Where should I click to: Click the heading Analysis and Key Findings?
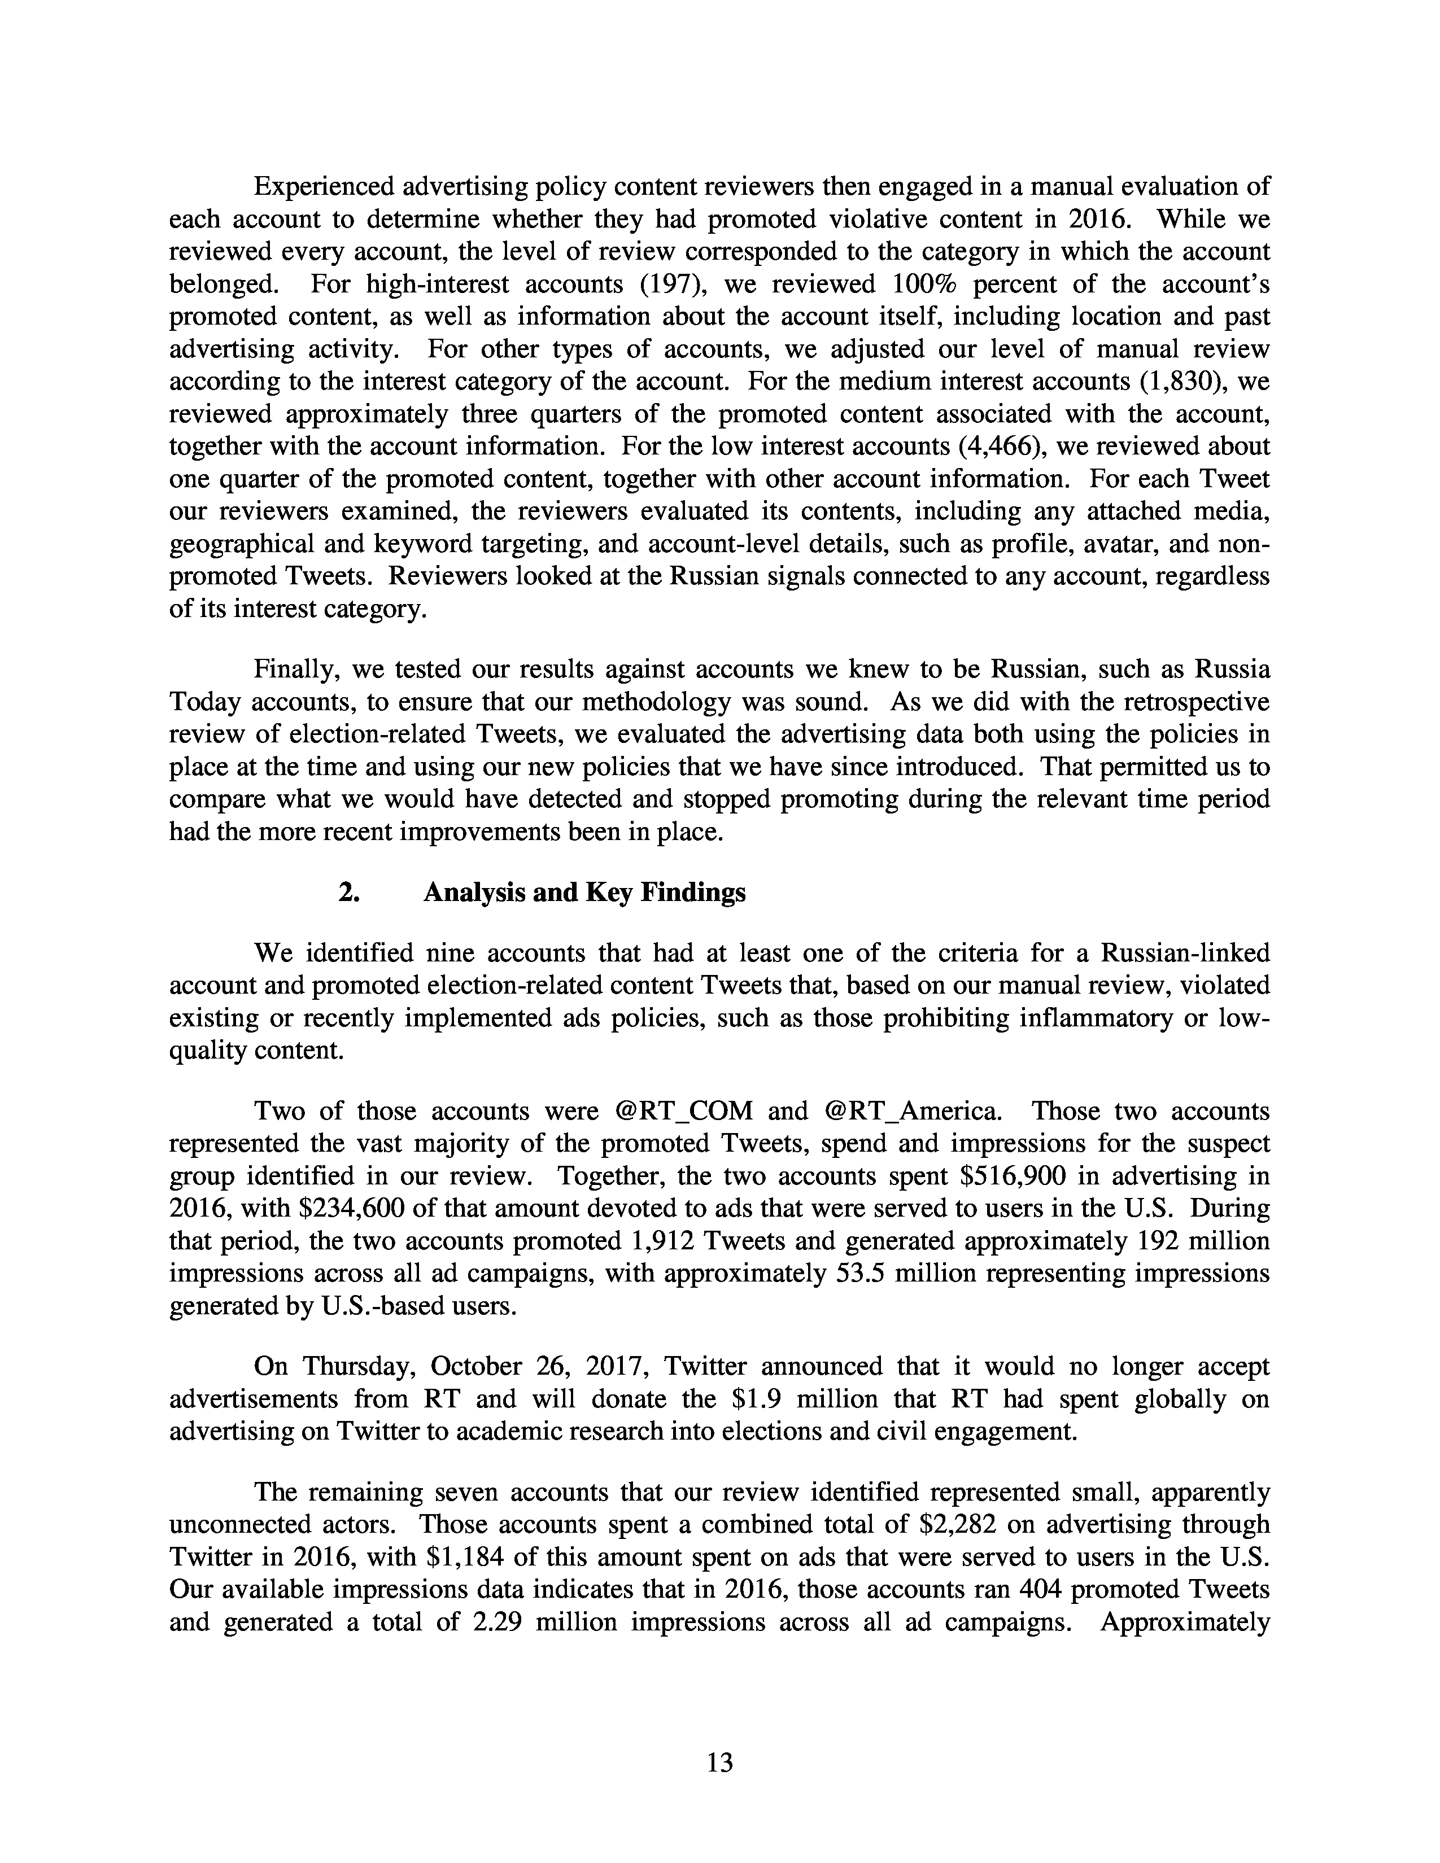(x=584, y=892)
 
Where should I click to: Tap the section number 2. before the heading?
(x=348, y=892)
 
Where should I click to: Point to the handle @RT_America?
(x=911, y=1112)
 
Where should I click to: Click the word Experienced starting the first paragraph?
(x=322, y=187)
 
